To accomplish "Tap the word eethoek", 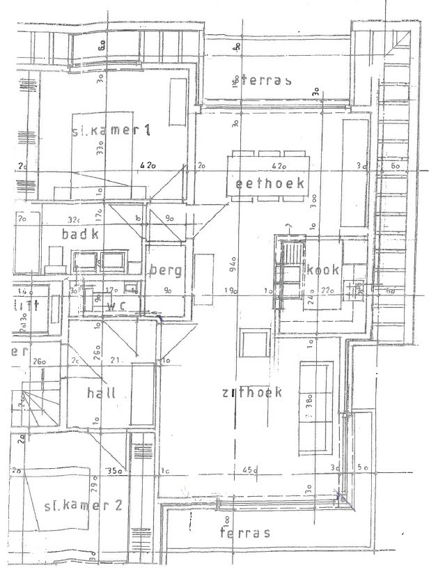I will [x=269, y=184].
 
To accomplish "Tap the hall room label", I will [x=102, y=393].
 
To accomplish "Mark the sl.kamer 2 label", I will [x=82, y=505].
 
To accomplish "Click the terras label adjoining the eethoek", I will [x=265, y=80].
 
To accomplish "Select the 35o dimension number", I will [x=114, y=472].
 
